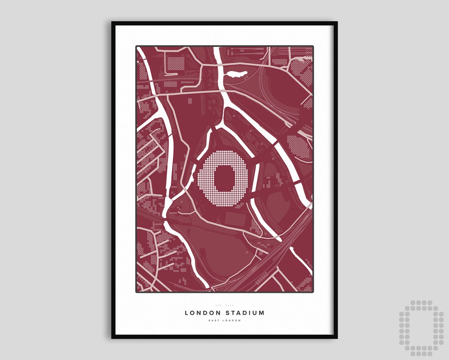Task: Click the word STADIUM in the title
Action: pyautogui.click(x=244, y=313)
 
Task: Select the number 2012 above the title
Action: pyautogui.click(x=230, y=306)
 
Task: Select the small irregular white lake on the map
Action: pyautogui.click(x=235, y=75)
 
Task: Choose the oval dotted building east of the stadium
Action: pyautogui.click(x=299, y=147)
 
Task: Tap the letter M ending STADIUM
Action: pyautogui.click(x=262, y=313)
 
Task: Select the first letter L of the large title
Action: pyautogui.click(x=187, y=313)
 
